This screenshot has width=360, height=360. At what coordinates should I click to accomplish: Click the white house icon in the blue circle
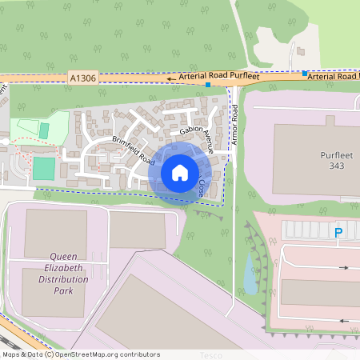point(180,172)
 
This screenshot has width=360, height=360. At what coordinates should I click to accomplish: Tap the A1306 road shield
point(83,78)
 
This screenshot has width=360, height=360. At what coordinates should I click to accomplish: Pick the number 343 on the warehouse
point(337,166)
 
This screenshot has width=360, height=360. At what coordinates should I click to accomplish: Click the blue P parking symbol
point(338,233)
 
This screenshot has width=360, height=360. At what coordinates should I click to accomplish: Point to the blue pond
point(251,274)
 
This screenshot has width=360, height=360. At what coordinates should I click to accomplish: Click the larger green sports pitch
point(44,168)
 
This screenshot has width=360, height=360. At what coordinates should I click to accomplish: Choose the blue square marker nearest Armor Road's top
point(208,84)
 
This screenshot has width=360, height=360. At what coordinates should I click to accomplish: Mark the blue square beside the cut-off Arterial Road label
point(305,74)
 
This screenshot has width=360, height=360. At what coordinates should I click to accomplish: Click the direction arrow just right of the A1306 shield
point(170,79)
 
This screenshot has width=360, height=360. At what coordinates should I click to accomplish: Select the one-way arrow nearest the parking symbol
point(344,267)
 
